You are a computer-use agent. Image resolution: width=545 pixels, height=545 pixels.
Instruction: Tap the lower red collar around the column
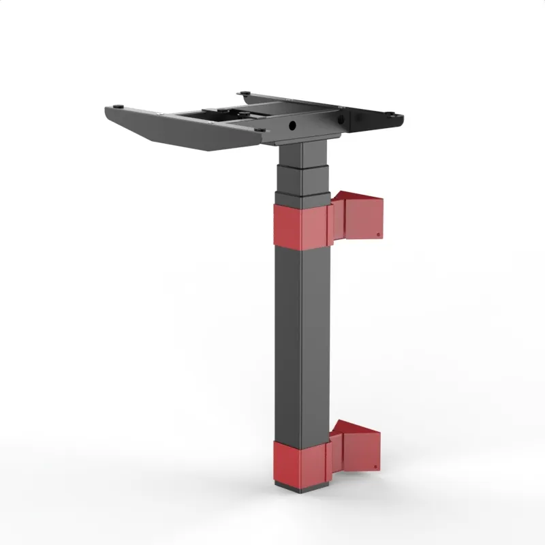300,463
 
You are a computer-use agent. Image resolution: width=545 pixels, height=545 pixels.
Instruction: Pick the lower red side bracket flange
357,447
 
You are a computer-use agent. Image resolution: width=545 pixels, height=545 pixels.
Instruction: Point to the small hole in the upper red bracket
379,234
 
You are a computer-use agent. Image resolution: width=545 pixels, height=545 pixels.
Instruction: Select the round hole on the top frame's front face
292,126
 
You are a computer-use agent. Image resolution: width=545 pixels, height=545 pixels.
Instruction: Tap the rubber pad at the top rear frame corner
243,93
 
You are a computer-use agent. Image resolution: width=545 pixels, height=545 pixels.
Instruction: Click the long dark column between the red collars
301,341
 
